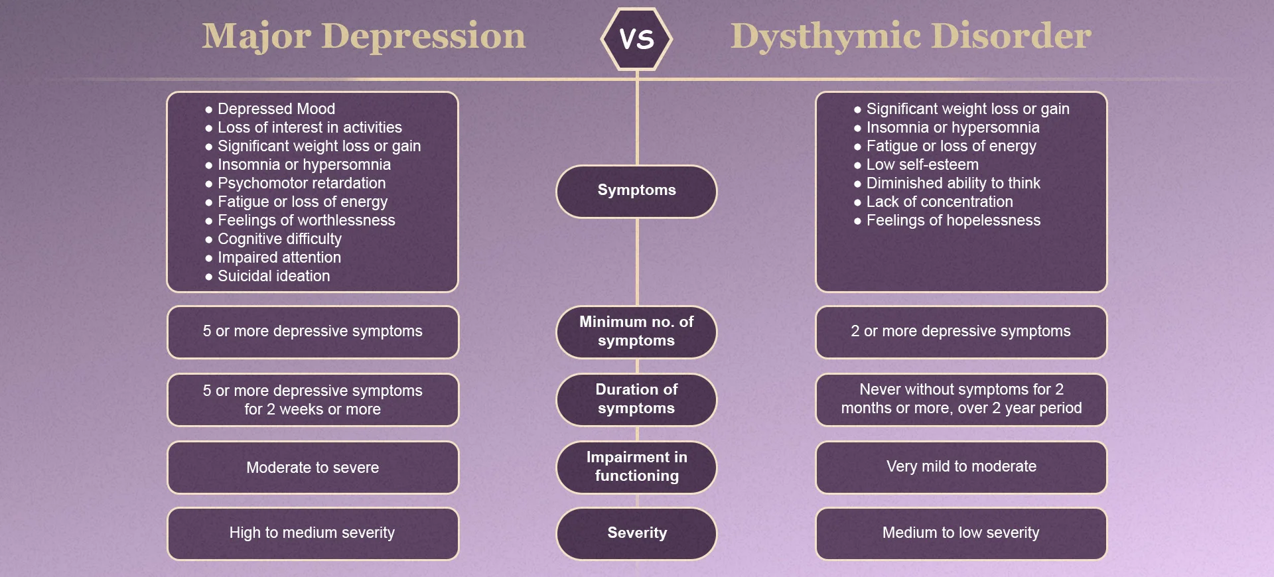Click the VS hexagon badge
[x=636, y=38]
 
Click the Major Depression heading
[x=364, y=36]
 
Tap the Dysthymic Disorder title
[x=910, y=36]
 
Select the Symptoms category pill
[x=636, y=190]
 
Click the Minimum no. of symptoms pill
[x=636, y=331]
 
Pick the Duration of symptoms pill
[x=636, y=399]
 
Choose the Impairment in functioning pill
[x=636, y=466]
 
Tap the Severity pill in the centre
[x=636, y=533]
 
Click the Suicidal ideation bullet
[x=273, y=276]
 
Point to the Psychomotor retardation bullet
[x=301, y=183]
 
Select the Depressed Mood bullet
[x=276, y=109]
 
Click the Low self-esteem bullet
[x=922, y=164]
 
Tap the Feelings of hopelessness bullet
[x=953, y=220]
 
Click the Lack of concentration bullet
[x=940, y=202]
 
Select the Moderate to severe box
[x=313, y=468]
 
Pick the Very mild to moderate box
[x=961, y=466]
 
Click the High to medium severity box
[x=313, y=533]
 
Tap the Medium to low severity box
[x=961, y=533]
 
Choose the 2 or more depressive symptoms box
[x=961, y=331]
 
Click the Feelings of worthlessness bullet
[x=306, y=220]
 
